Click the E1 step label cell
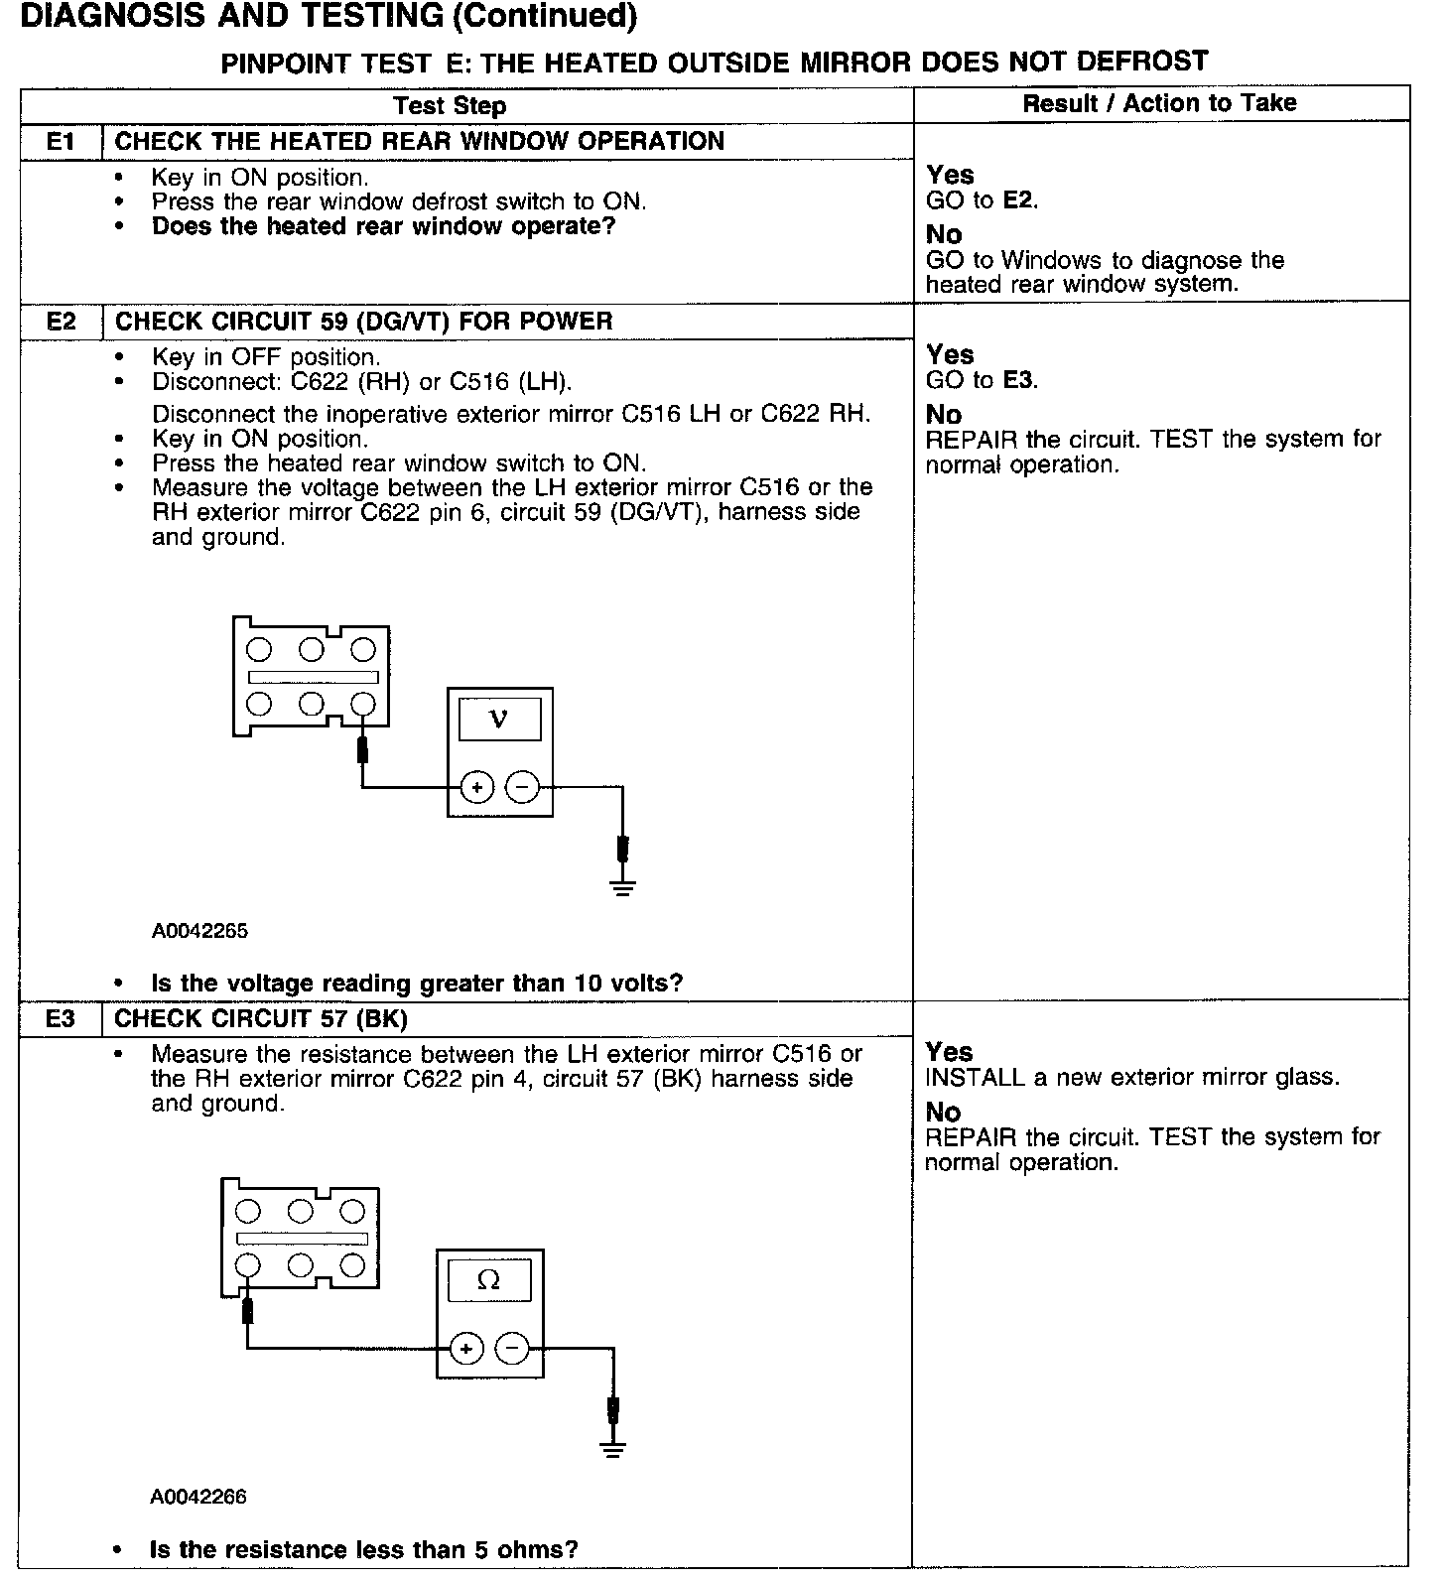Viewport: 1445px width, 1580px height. point(61,142)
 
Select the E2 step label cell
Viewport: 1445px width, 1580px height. point(61,322)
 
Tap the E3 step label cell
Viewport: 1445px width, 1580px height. point(61,1019)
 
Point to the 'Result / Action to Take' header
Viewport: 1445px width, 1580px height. point(1159,103)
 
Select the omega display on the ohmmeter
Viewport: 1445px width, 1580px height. point(488,1280)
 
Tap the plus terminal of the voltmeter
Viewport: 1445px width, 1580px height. point(477,788)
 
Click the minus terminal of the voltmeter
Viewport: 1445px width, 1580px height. point(522,788)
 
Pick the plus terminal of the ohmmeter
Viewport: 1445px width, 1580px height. point(466,1349)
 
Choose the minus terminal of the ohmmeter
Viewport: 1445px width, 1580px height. point(512,1349)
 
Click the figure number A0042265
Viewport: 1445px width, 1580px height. point(199,931)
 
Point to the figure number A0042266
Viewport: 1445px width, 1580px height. point(198,1497)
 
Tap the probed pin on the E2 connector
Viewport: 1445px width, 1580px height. point(363,705)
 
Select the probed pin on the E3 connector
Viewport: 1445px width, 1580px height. point(248,1265)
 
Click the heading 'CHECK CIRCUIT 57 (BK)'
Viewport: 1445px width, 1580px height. point(261,1019)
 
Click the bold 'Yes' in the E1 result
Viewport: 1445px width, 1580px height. point(950,176)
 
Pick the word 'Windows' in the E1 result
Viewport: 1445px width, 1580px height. point(1051,261)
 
